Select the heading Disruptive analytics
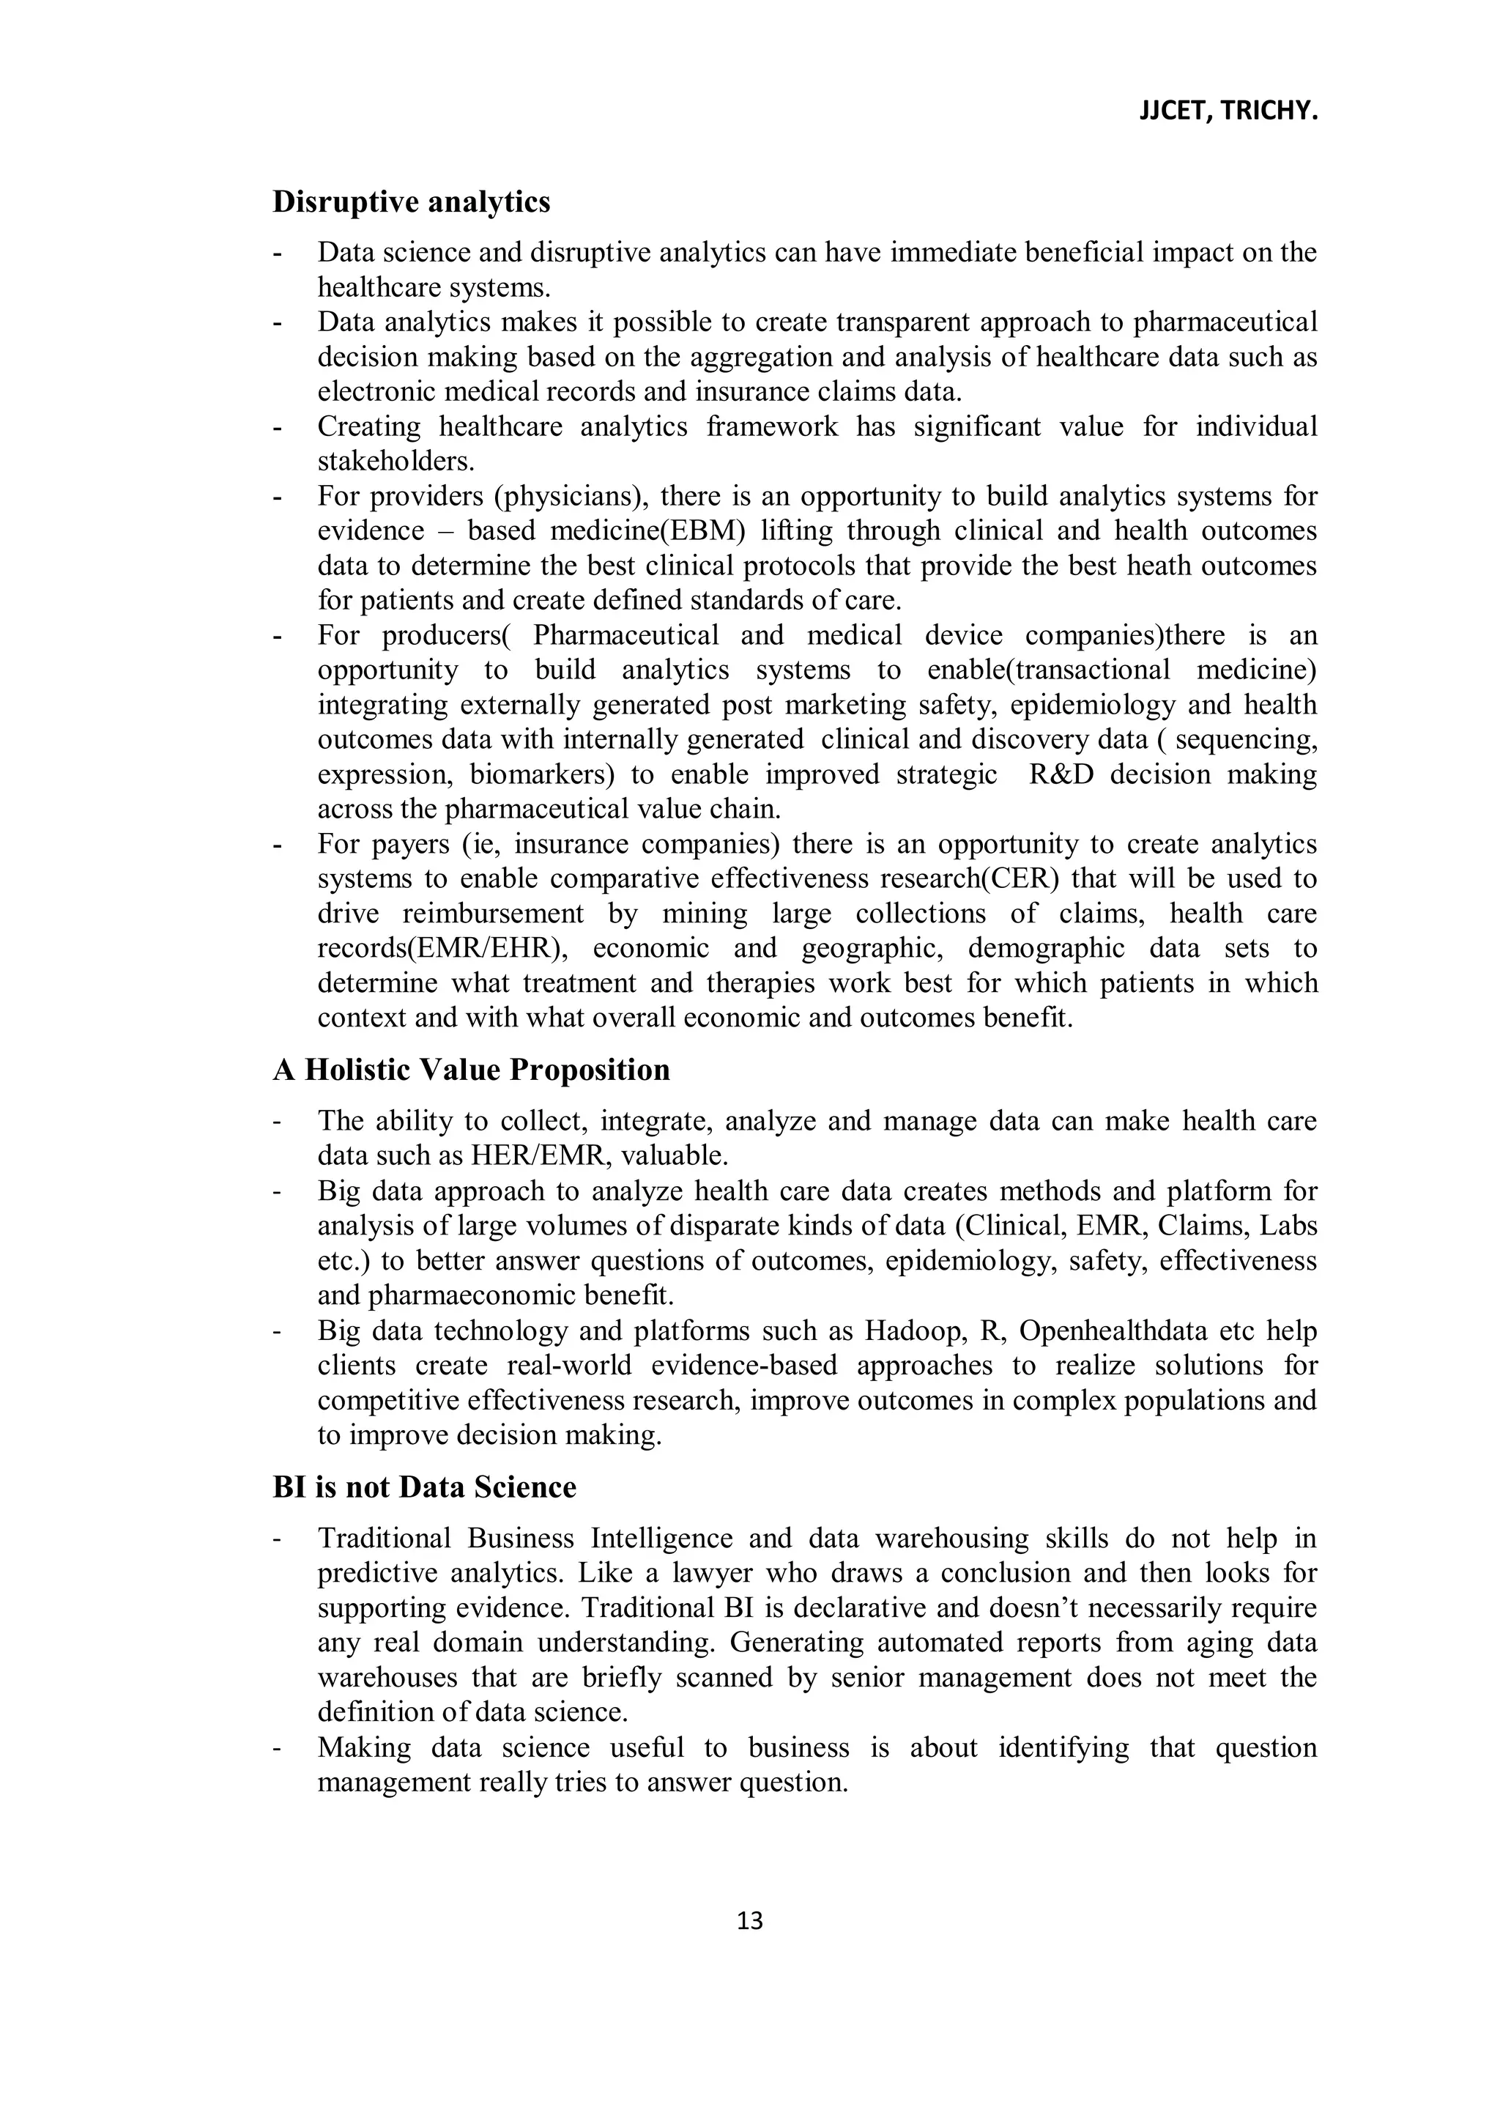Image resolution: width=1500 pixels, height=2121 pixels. tap(411, 201)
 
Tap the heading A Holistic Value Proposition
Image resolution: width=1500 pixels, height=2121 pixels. tap(471, 1070)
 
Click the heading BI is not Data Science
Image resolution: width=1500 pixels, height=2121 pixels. tap(424, 1487)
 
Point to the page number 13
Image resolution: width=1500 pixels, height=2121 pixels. tap(750, 1922)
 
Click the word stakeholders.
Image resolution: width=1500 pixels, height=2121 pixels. tap(396, 461)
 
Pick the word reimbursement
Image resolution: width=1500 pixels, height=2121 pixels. tap(493, 914)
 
